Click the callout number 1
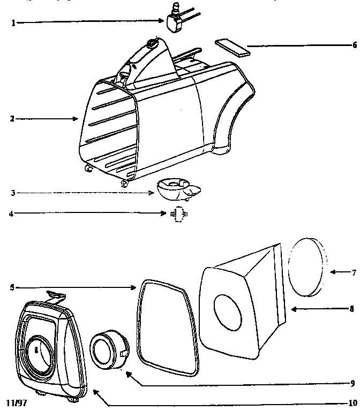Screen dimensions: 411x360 click(13, 24)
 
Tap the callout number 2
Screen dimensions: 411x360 click(12, 119)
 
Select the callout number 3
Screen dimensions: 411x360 click(12, 192)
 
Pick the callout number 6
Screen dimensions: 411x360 click(354, 45)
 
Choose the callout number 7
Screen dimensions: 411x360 click(354, 272)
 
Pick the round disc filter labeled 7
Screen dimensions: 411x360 click(307, 267)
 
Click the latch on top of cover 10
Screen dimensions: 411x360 click(56, 294)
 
